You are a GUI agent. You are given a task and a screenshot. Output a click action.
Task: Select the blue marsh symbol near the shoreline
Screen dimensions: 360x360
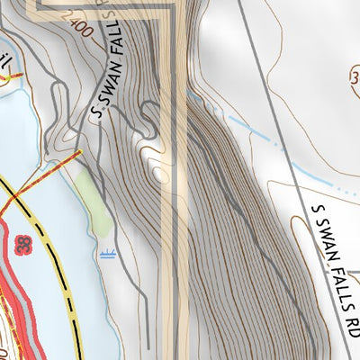click(107, 254)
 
